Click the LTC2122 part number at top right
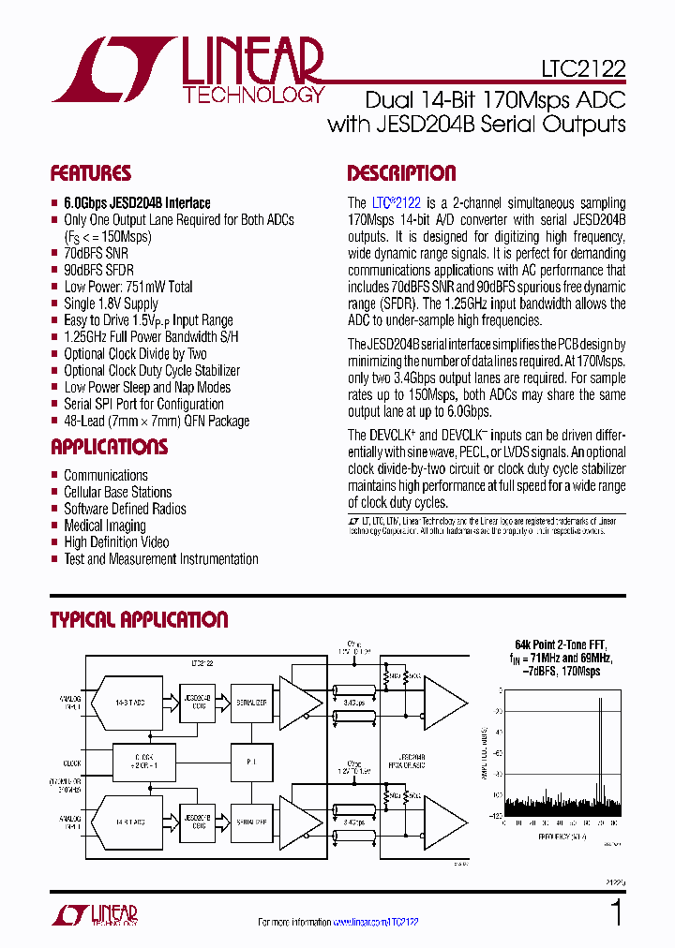(x=582, y=68)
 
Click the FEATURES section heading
(x=90, y=173)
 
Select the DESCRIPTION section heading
(x=401, y=173)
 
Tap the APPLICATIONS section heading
(x=109, y=447)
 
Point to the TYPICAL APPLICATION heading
(x=139, y=620)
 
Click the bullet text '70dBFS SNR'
(x=96, y=253)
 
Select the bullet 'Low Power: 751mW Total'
(x=127, y=287)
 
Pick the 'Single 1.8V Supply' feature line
(x=111, y=304)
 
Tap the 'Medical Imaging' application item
(x=104, y=526)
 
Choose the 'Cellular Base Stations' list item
(x=117, y=492)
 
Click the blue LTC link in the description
(x=381, y=202)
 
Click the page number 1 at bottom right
(x=616, y=911)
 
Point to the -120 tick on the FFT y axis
(x=494, y=816)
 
